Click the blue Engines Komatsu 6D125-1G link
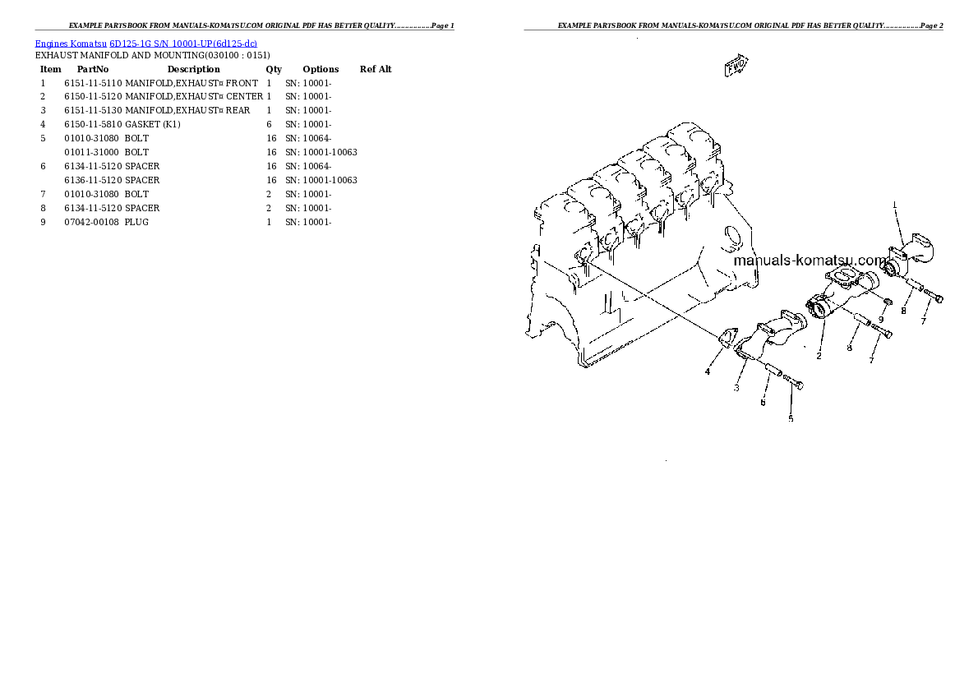145,43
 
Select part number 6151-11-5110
93,83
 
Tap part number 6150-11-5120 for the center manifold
93,97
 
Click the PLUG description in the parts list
136,222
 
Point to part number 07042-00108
93,222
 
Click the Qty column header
274,69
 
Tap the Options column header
321,69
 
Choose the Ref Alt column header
376,69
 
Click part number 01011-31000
93,152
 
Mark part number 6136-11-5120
93,180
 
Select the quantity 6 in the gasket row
269,125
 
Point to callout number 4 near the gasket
707,372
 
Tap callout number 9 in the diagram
880,320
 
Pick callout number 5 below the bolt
791,418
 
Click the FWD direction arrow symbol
735,67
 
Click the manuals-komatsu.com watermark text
810,261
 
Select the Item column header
50,69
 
